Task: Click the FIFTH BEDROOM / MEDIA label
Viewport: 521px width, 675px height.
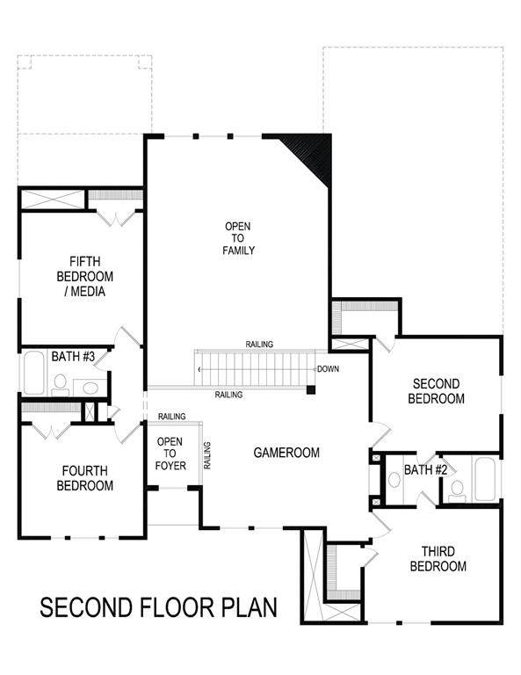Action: (x=84, y=276)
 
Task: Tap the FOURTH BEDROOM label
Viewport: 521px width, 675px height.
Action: (x=84, y=478)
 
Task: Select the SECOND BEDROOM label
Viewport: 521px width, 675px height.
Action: (x=436, y=391)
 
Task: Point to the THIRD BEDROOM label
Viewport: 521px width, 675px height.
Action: (x=438, y=559)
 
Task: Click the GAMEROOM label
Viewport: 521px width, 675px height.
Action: (x=286, y=453)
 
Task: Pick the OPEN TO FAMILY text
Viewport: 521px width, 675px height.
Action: (x=238, y=238)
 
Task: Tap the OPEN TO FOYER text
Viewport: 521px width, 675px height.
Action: (x=170, y=454)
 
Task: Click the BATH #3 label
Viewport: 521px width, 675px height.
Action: (x=73, y=357)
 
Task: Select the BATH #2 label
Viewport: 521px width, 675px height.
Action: (x=425, y=469)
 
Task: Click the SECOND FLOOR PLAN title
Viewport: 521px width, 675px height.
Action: (x=158, y=607)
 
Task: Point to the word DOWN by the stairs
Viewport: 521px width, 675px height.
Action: (x=328, y=369)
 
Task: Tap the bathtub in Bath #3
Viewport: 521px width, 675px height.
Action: (x=33, y=373)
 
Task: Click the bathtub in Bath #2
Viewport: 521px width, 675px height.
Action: (x=485, y=480)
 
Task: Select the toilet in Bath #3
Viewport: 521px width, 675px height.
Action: (x=61, y=385)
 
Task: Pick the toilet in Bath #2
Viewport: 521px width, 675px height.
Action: (x=457, y=491)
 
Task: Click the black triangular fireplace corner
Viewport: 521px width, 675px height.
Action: (x=313, y=154)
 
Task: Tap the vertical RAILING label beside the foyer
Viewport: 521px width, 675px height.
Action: (x=207, y=455)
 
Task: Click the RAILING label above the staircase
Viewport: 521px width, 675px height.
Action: (x=259, y=345)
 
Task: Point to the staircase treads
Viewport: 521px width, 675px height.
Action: (x=255, y=369)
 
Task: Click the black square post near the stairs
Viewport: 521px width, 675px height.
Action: (x=311, y=390)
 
